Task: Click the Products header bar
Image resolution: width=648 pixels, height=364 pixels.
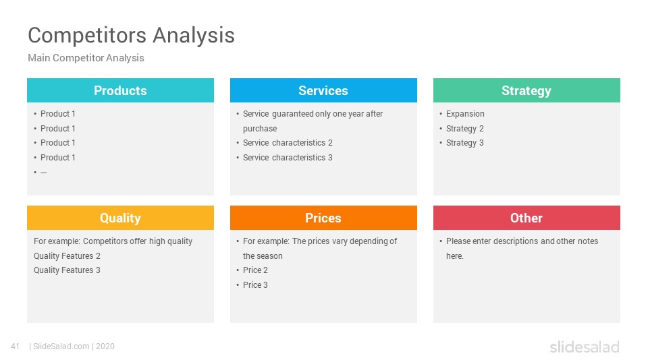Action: coord(120,90)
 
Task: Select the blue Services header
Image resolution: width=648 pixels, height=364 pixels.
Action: coord(323,90)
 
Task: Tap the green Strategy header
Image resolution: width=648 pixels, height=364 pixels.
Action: coord(526,90)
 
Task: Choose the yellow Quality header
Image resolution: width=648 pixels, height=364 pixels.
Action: coord(120,218)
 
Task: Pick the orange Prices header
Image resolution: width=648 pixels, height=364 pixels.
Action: coord(323,218)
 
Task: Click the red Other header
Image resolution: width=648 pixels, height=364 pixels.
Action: coord(526,218)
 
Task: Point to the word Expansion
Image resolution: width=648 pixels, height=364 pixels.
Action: coord(465,114)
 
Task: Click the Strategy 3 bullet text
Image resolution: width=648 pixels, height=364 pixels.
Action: coord(464,143)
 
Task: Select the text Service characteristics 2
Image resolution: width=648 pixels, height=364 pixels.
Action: coord(288,143)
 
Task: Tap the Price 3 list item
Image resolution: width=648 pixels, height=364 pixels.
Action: coord(255,284)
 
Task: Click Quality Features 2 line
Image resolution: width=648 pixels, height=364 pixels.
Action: coord(67,256)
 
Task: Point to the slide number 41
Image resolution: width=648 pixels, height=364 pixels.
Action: coord(16,346)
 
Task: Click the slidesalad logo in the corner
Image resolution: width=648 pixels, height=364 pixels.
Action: coord(585,346)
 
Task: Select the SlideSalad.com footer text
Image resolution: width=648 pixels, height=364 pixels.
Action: coord(61,346)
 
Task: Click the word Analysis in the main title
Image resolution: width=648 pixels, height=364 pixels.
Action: coord(194,35)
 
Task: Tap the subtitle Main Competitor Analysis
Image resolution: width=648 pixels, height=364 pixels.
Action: coord(86,58)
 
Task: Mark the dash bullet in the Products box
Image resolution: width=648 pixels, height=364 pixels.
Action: coord(43,173)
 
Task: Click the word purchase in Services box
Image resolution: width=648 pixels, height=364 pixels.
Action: coord(260,129)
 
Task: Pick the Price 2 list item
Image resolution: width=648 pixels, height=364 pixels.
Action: coord(255,270)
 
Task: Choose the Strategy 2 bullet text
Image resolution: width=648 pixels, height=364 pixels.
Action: coord(464,129)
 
